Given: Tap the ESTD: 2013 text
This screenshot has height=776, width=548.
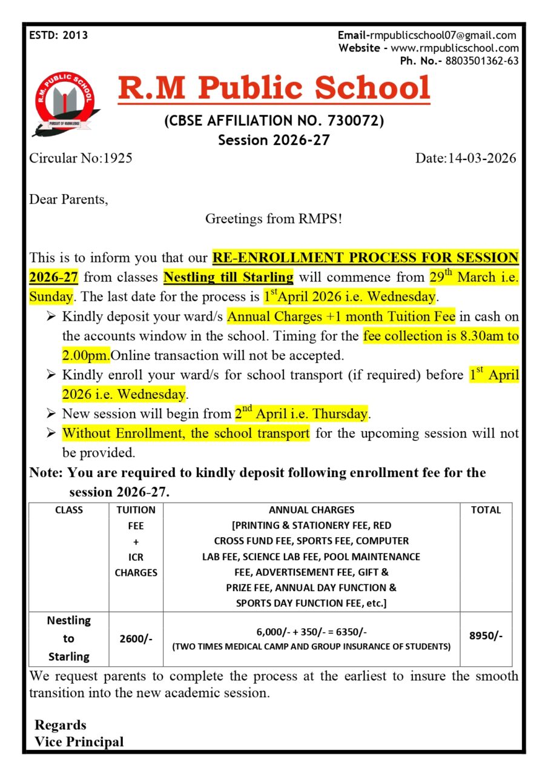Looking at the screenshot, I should pyautogui.click(x=58, y=35).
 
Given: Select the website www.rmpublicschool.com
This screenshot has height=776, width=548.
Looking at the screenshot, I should pyautogui.click(x=455, y=48).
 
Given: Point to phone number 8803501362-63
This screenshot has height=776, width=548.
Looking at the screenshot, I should pyautogui.click(x=481, y=61).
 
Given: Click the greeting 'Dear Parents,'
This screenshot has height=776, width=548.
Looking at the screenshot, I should pyautogui.click(x=69, y=199).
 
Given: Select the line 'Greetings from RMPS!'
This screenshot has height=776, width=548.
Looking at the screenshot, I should pyautogui.click(x=274, y=219).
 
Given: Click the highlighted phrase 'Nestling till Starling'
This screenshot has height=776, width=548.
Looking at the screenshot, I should pyautogui.click(x=228, y=278).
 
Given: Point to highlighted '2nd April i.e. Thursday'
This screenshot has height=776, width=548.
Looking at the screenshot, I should pyautogui.click(x=301, y=414).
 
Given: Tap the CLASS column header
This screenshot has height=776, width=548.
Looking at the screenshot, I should pyautogui.click(x=69, y=510).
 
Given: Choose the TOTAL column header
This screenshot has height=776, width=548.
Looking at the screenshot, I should pyautogui.click(x=486, y=510).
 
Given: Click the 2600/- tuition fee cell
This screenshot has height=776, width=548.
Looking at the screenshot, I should pyautogui.click(x=136, y=638).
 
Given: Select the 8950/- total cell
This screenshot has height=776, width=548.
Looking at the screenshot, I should pyautogui.click(x=486, y=636).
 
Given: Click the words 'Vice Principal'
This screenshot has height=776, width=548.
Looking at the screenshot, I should pyautogui.click(x=79, y=741).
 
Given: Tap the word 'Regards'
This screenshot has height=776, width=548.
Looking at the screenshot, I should pyautogui.click(x=61, y=725).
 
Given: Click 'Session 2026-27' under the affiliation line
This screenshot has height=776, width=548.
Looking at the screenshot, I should pyautogui.click(x=274, y=140).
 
